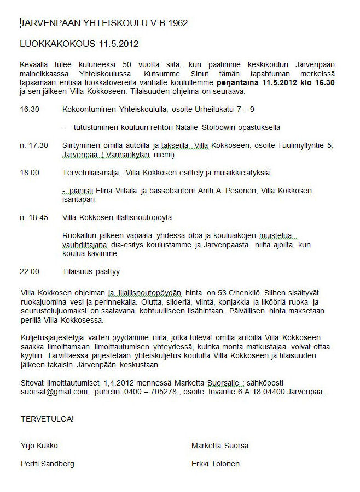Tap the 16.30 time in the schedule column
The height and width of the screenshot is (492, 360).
pos(30,109)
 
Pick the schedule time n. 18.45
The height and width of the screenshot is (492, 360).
pos(34,217)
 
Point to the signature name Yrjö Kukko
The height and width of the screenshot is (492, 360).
pos(39,446)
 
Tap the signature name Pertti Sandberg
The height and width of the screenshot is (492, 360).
pos(47,464)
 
